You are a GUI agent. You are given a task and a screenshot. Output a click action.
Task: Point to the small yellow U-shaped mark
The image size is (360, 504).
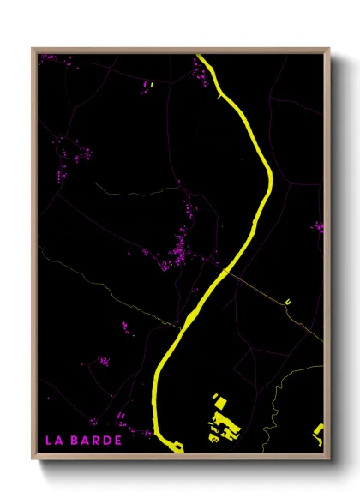point(288,302)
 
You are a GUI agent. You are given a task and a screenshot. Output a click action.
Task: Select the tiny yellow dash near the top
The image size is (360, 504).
point(151,84)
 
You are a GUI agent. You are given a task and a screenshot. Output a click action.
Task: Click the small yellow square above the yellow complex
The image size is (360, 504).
point(217,400)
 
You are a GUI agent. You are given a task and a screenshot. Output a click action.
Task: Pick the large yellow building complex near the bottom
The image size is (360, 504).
point(225,423)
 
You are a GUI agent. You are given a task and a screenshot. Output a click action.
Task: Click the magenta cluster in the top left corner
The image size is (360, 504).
point(49,57)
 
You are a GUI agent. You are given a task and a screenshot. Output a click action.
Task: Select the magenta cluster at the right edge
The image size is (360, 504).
point(318,227)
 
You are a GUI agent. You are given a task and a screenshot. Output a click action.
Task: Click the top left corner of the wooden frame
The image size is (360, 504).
point(33,49)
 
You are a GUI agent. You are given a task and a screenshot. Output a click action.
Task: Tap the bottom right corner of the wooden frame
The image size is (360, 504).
point(328,457)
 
